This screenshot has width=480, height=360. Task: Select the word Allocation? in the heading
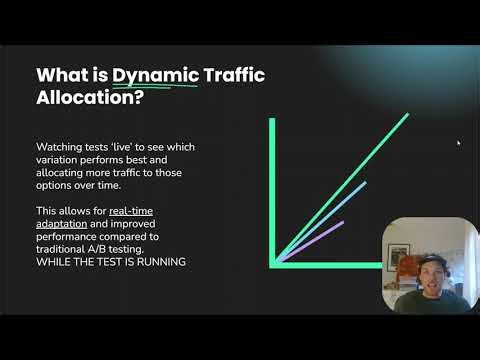[x=88, y=102]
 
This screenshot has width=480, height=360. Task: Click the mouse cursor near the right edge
[x=459, y=143]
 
